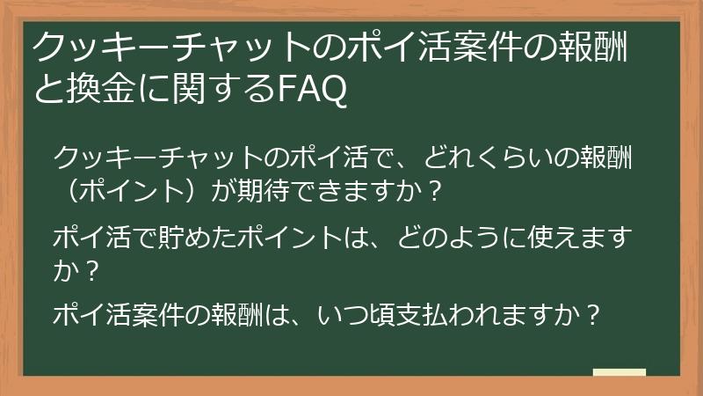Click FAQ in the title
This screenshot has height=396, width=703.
(x=311, y=89)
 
